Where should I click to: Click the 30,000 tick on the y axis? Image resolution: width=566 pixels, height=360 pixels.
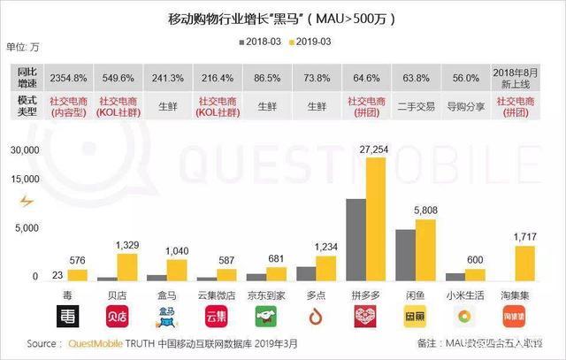coord(24,151)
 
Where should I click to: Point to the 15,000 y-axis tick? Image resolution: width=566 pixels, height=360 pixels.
coord(24,180)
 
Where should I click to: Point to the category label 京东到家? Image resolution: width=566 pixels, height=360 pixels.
coord(266,293)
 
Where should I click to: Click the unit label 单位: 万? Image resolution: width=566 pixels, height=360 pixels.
coord(22,45)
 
